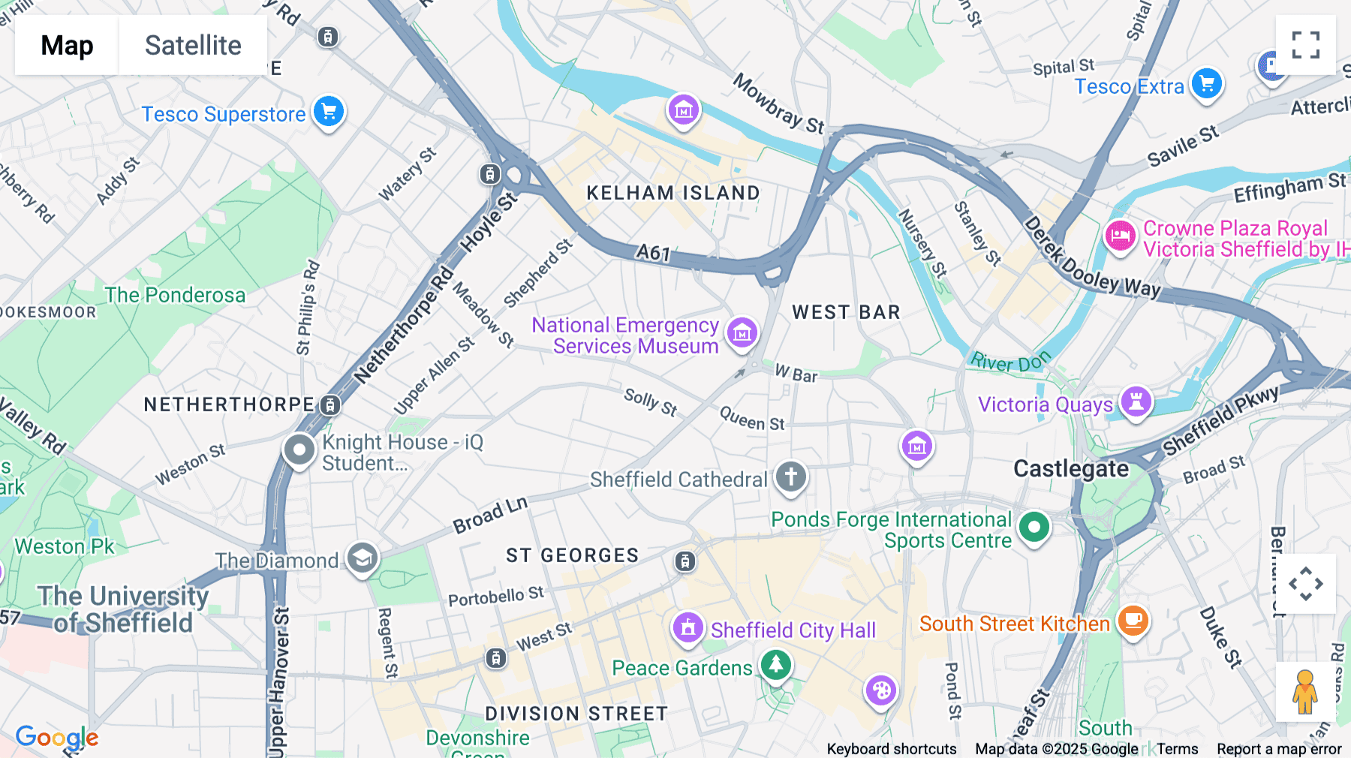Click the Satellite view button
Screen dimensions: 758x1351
[193, 45]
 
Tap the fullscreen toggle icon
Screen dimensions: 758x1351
[1305, 45]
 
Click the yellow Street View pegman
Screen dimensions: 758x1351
[1305, 692]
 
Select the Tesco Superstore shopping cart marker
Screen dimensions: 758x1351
[328, 112]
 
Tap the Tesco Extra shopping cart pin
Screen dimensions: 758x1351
[1206, 83]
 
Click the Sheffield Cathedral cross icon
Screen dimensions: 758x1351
[790, 477]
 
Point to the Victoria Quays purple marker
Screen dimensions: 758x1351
[1136, 402]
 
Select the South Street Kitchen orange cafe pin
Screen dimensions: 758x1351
[1133, 621]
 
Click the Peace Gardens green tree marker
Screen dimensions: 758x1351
[775, 664]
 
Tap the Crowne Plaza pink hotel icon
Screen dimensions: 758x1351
[1120, 236]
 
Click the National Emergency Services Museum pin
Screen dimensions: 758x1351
[742, 332]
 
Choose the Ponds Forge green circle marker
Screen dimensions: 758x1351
[1034, 527]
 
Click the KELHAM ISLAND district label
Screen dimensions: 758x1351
[672, 193]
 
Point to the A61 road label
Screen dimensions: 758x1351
[653, 253]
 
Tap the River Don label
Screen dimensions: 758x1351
[1009, 362]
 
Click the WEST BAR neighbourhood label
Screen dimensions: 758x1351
[846, 312]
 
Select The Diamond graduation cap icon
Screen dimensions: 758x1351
[363, 558]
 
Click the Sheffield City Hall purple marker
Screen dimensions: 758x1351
[688, 627]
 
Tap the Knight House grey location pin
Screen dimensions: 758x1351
[299, 450]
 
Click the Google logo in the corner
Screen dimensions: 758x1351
[57, 737]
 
